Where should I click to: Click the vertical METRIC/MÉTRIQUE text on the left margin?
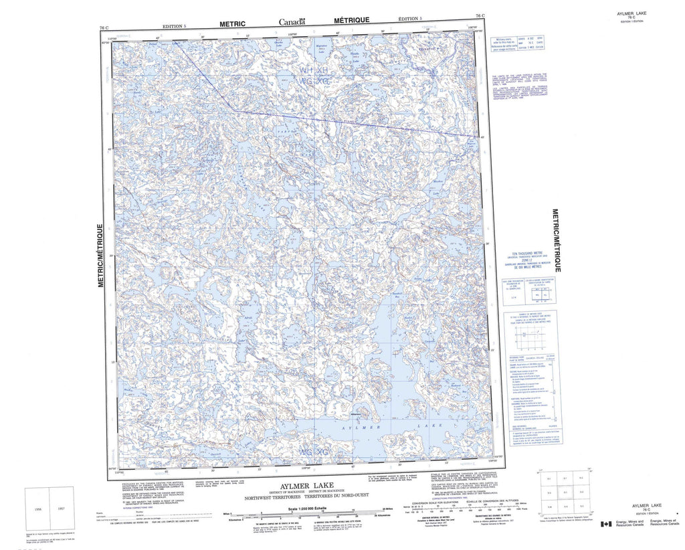click(101, 256)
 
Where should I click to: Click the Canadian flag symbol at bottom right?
click(605, 525)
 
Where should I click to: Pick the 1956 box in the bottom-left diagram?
click(37, 509)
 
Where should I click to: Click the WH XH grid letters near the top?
click(314, 70)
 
